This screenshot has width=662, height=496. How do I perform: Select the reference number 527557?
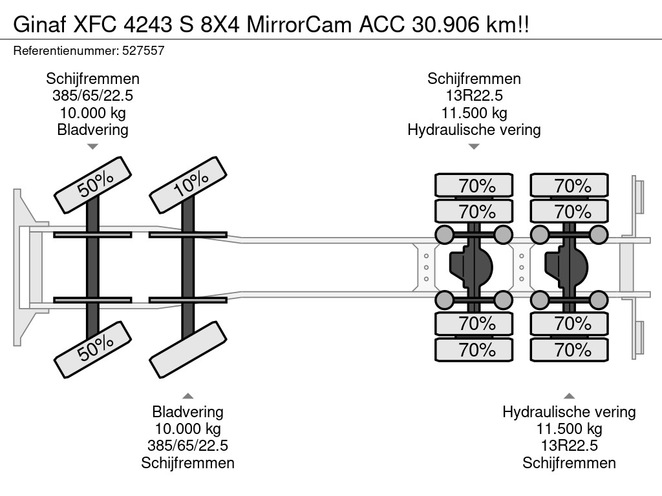[144, 50]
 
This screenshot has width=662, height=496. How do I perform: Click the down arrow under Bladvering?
[92, 147]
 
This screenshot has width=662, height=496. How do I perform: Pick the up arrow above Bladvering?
[187, 395]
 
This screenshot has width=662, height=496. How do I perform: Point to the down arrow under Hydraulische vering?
[474, 147]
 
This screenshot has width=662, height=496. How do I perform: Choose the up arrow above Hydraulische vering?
[569, 395]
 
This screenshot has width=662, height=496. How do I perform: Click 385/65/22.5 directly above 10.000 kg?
[92, 96]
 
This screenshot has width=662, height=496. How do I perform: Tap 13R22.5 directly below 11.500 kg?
[569, 446]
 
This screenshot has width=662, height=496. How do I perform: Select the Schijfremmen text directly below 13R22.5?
[569, 462]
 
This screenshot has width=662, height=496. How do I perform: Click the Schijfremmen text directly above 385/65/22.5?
[92, 79]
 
